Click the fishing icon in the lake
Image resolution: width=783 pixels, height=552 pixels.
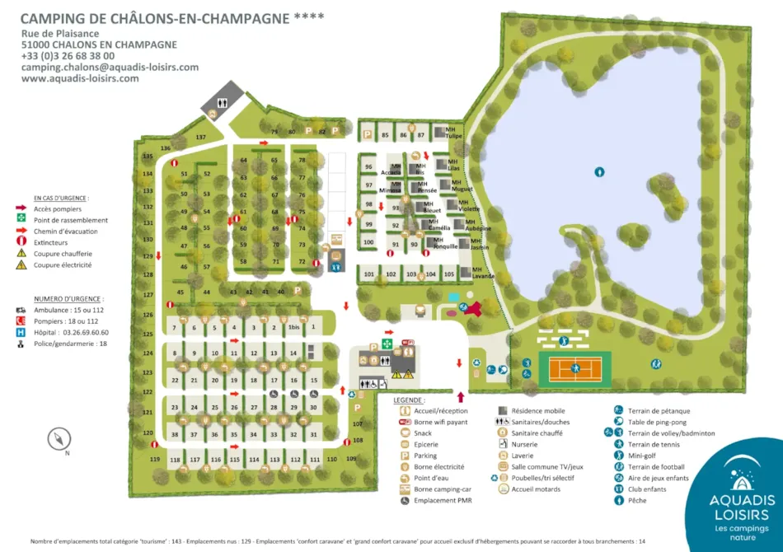600,172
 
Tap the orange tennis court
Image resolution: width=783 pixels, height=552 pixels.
574,366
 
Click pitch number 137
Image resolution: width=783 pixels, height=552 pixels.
200,137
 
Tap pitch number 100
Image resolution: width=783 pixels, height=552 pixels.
368,241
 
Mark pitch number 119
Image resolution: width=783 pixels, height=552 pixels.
154,459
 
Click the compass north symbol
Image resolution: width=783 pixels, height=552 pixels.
60,438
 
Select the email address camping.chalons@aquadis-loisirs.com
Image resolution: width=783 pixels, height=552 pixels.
110,68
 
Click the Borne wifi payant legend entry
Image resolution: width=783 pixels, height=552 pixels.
441,422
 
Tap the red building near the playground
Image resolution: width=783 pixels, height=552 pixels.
472,308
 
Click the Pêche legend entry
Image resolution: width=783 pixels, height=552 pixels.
638,500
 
